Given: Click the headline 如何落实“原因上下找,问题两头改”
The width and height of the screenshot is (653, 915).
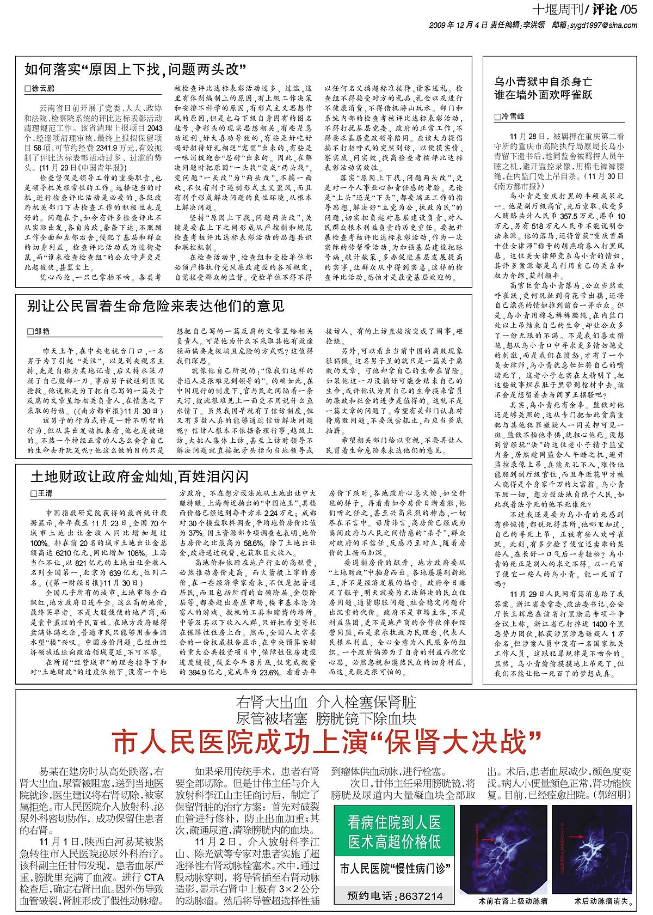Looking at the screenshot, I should (x=135, y=69).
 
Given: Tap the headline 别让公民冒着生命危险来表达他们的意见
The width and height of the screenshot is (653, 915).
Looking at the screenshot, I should (x=156, y=306).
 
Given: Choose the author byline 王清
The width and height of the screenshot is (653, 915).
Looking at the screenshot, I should (x=44, y=493).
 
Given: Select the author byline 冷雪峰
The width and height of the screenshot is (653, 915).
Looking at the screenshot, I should (x=512, y=117).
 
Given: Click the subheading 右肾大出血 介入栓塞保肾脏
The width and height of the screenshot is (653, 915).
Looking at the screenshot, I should (x=326, y=701).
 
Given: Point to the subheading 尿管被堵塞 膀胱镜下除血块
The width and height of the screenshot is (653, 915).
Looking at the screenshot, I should (x=326, y=717).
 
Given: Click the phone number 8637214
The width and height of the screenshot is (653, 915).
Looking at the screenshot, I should (x=421, y=896).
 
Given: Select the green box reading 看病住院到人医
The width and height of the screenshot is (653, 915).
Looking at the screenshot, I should (x=395, y=822).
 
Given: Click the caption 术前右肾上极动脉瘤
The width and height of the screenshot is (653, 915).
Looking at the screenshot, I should (x=505, y=901).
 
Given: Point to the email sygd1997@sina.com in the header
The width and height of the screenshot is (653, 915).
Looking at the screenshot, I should (x=606, y=25).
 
